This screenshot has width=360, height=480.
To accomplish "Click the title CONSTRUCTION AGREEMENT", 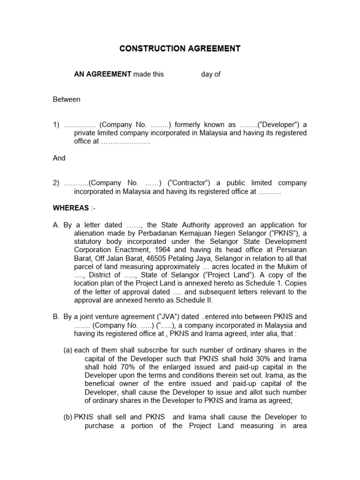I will pyautogui.click(x=180, y=48).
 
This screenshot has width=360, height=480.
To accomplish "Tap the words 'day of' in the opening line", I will pyautogui.click(x=210, y=74).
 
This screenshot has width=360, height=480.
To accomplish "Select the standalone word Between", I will pyautogui.click(x=66, y=99).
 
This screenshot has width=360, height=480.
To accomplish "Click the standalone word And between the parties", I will pyautogui.click(x=59, y=158).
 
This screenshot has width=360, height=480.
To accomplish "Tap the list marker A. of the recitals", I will pyautogui.click(x=57, y=225).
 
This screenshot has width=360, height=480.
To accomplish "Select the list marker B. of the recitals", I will pyautogui.click(x=57, y=316).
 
